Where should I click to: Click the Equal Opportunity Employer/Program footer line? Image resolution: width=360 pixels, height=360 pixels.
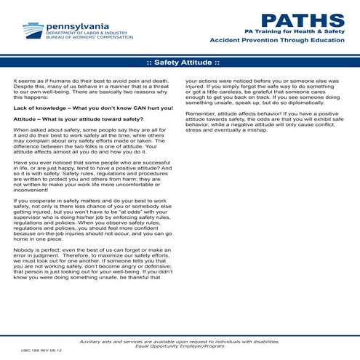(x=179, y=345)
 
